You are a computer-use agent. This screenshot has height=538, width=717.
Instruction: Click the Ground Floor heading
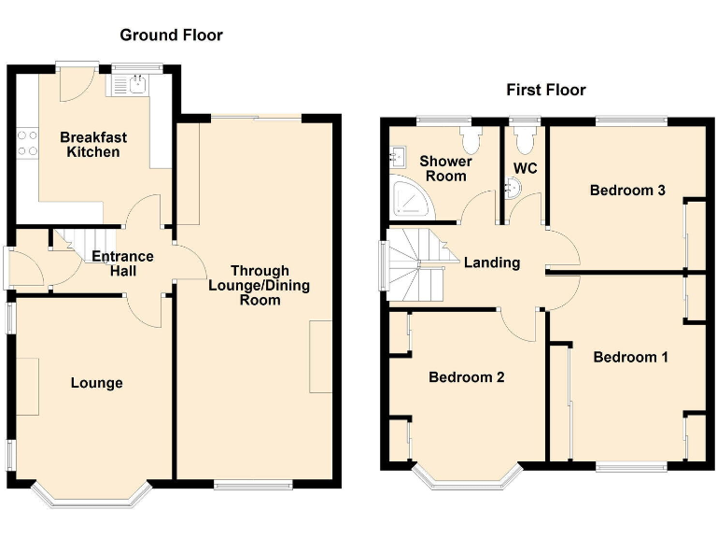[x=171, y=35]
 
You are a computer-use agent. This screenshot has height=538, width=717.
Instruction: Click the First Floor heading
[x=546, y=90]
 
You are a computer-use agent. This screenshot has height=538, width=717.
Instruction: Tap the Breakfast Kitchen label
[x=93, y=144]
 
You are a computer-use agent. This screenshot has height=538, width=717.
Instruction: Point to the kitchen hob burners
[x=26, y=142]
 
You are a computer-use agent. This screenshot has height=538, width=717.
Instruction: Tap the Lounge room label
[x=97, y=383]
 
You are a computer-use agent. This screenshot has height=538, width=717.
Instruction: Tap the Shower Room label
[x=446, y=168]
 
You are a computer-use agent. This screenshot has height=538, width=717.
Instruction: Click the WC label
[x=525, y=169]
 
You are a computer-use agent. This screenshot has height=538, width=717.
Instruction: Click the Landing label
[x=492, y=262]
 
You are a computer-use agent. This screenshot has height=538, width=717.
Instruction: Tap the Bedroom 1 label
[x=630, y=357]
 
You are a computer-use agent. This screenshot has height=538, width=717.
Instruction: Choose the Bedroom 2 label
[x=467, y=377]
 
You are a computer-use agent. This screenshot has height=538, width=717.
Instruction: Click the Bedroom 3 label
[x=627, y=191]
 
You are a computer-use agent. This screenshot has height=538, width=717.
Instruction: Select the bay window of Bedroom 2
[x=467, y=479]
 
